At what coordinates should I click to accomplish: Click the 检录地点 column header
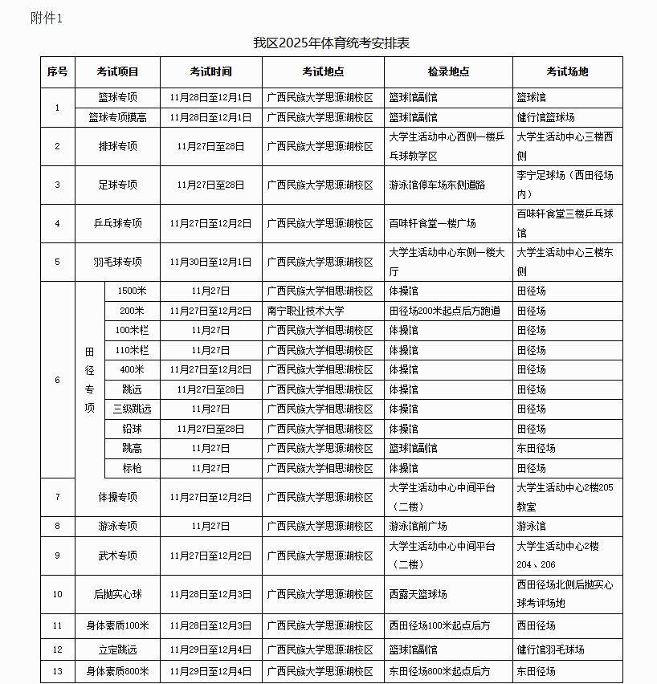pyautogui.click(x=448, y=71)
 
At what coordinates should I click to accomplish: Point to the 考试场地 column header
pyautogui.click(x=567, y=71)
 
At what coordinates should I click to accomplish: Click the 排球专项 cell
pyautogui.click(x=117, y=146)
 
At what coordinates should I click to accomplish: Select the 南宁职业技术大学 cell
pyautogui.click(x=305, y=311)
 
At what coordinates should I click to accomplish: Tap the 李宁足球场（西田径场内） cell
pyautogui.click(x=567, y=184)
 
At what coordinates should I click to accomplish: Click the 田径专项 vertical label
pyautogui.click(x=89, y=379)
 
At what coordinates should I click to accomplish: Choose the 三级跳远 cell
pyautogui.click(x=132, y=409)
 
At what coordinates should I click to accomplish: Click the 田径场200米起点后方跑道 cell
pyautogui.click(x=444, y=311)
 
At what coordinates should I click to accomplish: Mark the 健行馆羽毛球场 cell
pyautogui.click(x=550, y=649)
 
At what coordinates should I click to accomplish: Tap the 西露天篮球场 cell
pyautogui.click(x=418, y=594)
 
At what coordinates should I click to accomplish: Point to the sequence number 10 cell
pyautogui.click(x=57, y=594)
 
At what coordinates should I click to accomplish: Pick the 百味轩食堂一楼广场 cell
pyautogui.click(x=432, y=223)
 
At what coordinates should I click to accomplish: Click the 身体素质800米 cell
pyautogui.click(x=117, y=671)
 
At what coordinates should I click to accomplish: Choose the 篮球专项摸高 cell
pyautogui.click(x=117, y=117)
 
